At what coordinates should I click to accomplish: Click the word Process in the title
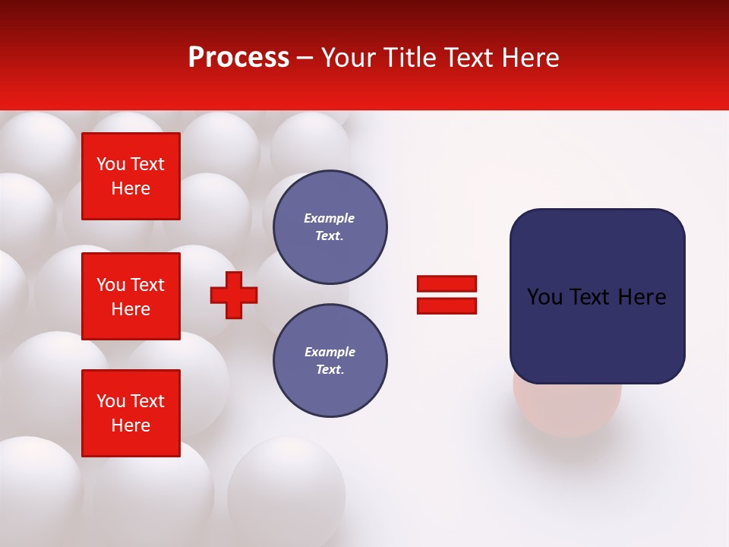238,58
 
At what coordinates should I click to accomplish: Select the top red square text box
131,176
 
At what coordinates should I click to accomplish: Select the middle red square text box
131,296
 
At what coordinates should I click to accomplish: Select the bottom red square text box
131,413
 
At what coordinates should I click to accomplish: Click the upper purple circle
330,227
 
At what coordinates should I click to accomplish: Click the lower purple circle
330,361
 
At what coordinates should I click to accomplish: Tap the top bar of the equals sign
447,283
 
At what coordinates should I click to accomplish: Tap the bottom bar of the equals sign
447,305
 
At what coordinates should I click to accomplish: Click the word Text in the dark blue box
589,297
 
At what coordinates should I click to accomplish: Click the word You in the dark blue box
544,297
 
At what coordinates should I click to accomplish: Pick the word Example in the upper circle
329,218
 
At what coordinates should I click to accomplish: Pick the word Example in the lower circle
329,352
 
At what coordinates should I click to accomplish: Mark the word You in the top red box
111,164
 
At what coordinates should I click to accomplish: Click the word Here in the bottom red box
131,425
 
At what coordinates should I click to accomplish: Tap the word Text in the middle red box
147,285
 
